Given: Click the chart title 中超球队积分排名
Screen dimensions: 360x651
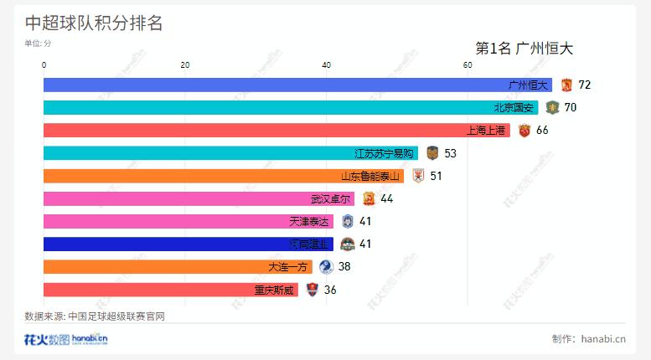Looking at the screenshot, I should pos(94,23).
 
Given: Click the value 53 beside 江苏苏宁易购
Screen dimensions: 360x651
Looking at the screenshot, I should pos(450,153).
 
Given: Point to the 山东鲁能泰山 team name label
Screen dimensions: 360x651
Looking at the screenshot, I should pos(371,176).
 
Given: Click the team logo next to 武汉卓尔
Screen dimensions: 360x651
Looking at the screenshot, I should pos(369,198).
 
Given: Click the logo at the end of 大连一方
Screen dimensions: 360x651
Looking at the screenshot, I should pos(326,266).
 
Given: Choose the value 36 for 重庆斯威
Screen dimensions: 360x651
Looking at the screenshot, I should pos(330,290).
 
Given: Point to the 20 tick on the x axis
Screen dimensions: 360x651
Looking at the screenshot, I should pos(185,65).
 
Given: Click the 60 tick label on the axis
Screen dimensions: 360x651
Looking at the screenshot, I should pos(468,65).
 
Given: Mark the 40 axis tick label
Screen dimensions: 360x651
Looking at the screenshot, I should pos(326,65).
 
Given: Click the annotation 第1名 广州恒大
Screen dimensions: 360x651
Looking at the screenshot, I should pos(524,49).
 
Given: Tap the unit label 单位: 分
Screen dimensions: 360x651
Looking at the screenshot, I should pos(38,44).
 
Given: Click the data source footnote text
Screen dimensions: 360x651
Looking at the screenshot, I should pos(95,316).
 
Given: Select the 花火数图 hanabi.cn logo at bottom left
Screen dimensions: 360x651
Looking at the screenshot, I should pos(65,339).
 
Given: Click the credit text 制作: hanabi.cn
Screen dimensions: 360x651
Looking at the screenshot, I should pos(589,338).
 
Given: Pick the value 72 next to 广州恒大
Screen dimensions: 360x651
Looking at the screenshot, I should pos(585,85).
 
